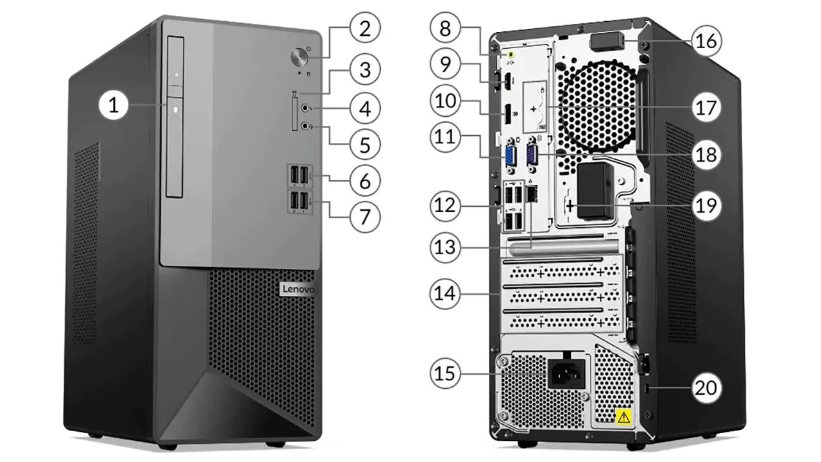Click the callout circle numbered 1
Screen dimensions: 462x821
point(114,105)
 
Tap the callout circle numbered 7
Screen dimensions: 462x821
point(365,216)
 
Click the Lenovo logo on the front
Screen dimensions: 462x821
point(298,291)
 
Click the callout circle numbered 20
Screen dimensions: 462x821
point(706,388)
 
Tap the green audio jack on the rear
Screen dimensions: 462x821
point(511,56)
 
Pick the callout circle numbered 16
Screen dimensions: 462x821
point(706,42)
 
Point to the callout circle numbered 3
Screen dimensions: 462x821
point(365,69)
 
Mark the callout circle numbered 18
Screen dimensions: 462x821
point(706,155)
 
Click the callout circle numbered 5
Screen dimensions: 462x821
point(365,144)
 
